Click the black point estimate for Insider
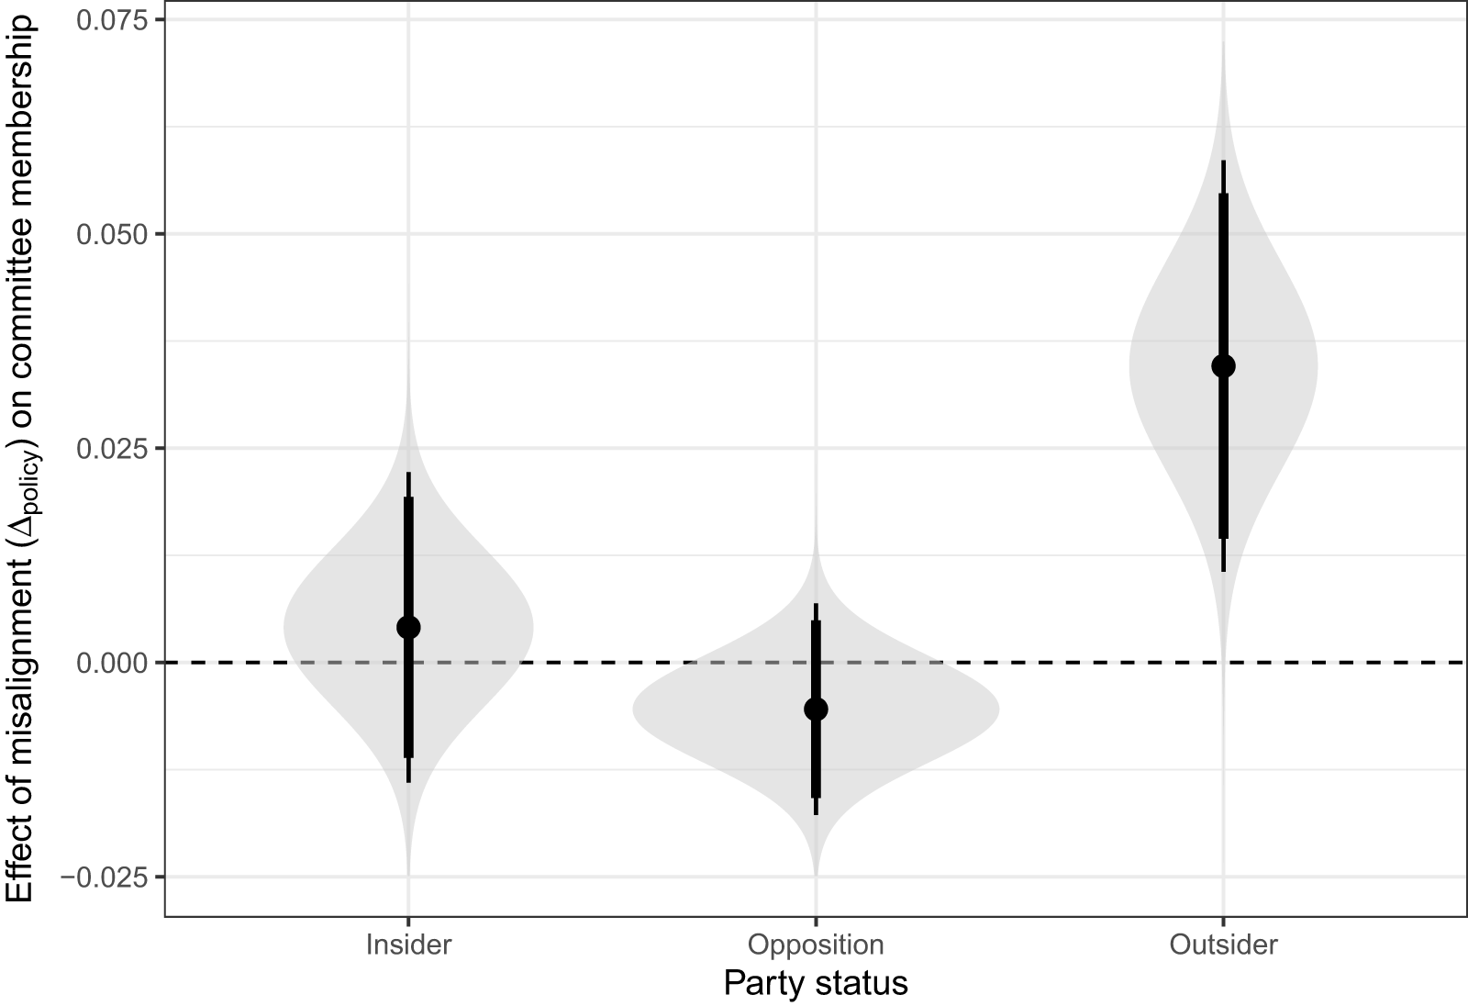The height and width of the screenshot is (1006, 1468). click(x=408, y=627)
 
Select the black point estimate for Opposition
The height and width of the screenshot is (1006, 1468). click(x=816, y=709)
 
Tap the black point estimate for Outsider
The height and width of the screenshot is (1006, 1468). click(x=1223, y=366)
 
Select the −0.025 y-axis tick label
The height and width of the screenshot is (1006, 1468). click(x=106, y=877)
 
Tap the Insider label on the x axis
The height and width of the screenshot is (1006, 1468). click(x=408, y=945)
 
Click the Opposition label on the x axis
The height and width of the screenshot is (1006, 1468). click(x=816, y=945)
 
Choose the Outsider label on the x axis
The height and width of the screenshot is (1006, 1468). click(x=1223, y=945)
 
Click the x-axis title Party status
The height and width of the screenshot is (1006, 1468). click(x=816, y=983)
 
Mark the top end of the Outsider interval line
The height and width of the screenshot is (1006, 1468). click(x=1223, y=162)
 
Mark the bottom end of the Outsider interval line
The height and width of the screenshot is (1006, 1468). click(x=1223, y=571)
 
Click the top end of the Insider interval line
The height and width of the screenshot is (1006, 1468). click(x=408, y=474)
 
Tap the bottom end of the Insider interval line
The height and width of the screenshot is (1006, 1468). click(x=408, y=781)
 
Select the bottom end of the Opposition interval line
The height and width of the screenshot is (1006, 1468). click(x=816, y=813)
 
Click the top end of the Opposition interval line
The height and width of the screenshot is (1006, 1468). click(x=816, y=605)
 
